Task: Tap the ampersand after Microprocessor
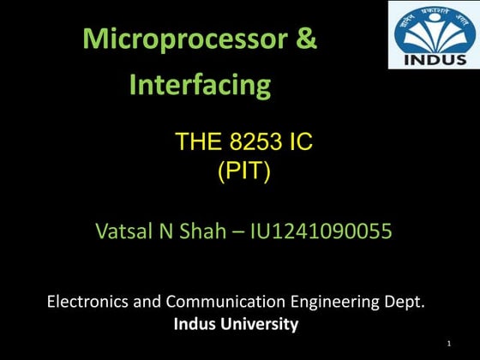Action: pos(304,39)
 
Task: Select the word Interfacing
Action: pos(200,85)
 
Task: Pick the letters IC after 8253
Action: pos(300,141)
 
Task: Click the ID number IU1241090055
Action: pos(321,231)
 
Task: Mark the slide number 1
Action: pos(447,344)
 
